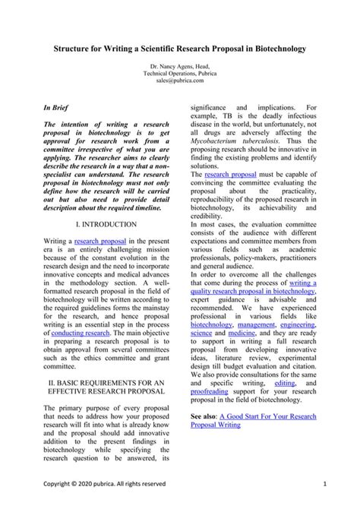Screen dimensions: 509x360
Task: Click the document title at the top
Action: pyautogui.click(x=180, y=48)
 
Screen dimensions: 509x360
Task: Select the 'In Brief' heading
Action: pyautogui.click(x=58, y=109)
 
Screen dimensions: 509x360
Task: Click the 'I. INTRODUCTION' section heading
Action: pyautogui.click(x=106, y=225)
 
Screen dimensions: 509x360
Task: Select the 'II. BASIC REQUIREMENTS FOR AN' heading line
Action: pyautogui.click(x=106, y=384)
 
